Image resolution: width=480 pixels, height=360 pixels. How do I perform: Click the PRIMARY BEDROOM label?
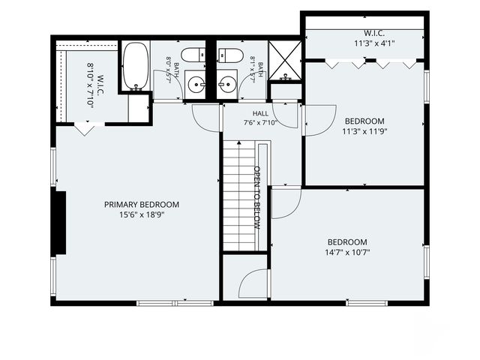pos(142,205)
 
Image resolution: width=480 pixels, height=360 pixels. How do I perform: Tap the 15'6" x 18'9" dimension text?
pos(142,215)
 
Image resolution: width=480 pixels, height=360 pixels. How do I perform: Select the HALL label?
pos(260,113)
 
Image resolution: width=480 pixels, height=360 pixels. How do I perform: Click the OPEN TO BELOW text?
pos(257,198)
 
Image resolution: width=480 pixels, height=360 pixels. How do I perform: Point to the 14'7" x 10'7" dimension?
pos(347,253)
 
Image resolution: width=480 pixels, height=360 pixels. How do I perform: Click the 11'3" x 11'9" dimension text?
pos(364,132)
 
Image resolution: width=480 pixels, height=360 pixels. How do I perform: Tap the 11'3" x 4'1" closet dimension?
pos(374,43)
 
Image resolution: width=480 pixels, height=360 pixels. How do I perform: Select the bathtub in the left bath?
pos(136,66)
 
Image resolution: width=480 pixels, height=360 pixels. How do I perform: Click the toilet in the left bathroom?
pos(193,55)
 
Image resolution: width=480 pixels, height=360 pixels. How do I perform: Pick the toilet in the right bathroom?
pos(231,55)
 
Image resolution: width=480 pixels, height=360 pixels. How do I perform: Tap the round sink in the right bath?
pos(227,84)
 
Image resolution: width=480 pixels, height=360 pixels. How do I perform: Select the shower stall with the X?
pos(285,60)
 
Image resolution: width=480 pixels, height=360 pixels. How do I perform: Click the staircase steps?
pos(238,195)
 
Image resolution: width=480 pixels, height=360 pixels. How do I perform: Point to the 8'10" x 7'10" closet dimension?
pos(90,86)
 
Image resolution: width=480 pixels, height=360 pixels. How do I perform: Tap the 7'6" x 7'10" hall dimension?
pos(260,123)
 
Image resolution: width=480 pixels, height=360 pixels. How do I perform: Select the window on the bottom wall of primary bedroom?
pos(175,303)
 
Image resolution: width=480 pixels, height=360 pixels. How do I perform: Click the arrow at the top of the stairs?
pos(239,142)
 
